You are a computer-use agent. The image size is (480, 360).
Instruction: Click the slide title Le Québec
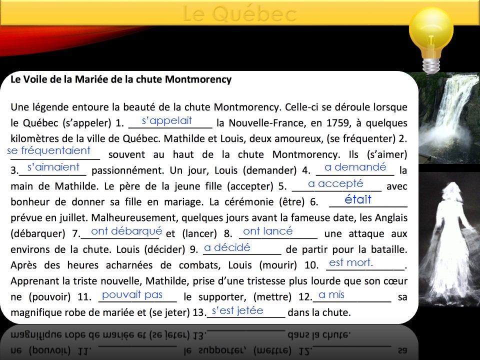239,14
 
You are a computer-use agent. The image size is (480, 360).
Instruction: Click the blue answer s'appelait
167,120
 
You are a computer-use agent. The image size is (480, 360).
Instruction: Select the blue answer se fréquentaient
49,150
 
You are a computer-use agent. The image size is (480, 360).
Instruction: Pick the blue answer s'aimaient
53,167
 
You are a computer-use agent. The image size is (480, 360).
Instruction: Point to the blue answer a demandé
355,167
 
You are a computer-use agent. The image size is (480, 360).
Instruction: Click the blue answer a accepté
335,183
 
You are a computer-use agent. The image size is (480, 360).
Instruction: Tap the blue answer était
358,199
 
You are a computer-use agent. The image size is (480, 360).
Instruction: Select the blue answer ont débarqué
127,231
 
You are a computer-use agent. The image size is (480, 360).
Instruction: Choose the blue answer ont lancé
267,231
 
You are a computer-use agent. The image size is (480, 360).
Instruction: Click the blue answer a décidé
227,247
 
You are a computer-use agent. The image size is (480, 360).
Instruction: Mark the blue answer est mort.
351,262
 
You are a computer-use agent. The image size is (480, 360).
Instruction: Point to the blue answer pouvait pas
132,294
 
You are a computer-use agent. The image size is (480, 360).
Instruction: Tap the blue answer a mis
332,294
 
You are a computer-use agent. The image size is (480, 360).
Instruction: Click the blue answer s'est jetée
237,310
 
